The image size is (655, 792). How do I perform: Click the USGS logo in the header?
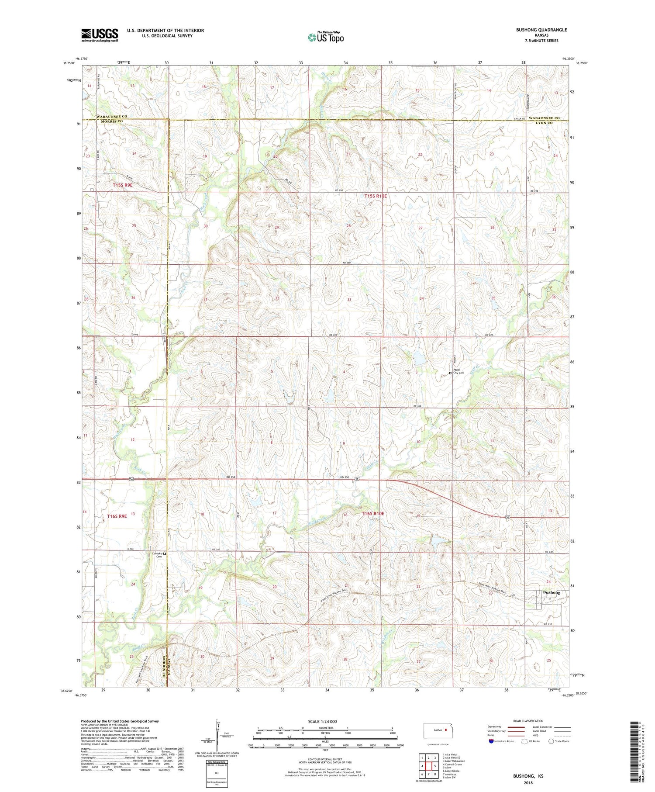point(100,35)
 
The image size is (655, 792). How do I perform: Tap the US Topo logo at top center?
point(325,37)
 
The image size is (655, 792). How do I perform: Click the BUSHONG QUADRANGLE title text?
point(541,30)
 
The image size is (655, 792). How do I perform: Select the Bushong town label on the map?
point(551,592)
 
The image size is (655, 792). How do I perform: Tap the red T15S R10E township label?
point(376,196)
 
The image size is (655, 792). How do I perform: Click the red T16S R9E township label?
point(117,516)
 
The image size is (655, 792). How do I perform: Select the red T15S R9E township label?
point(122,185)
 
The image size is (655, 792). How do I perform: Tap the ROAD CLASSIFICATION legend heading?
point(528,721)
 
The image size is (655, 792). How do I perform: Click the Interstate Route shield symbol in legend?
point(492,741)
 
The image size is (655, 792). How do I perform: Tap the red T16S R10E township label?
point(373,514)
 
